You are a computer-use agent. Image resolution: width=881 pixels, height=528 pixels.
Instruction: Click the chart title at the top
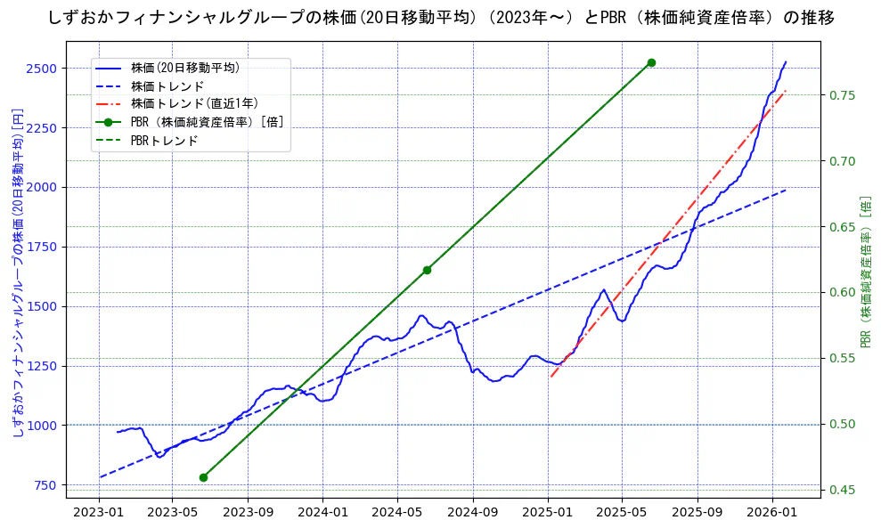(440, 18)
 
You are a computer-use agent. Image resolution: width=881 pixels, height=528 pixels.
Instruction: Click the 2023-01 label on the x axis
(98, 512)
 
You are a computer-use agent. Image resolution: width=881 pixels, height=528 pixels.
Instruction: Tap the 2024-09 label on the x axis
(473, 512)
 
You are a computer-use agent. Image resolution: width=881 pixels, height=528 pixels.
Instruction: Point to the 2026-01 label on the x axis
(771, 512)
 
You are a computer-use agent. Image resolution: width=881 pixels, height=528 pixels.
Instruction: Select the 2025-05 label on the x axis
(621, 512)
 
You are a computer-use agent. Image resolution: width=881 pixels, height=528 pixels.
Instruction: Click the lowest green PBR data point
(203, 477)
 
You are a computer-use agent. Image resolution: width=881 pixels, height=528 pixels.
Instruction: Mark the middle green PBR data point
(427, 270)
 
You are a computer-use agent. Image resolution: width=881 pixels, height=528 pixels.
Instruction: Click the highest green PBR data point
(651, 62)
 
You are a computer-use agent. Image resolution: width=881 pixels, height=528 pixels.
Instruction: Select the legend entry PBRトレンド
(164, 141)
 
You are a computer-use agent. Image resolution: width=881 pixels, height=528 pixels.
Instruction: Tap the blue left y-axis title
(17, 272)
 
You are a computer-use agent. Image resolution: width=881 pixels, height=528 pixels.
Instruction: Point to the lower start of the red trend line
(551, 377)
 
